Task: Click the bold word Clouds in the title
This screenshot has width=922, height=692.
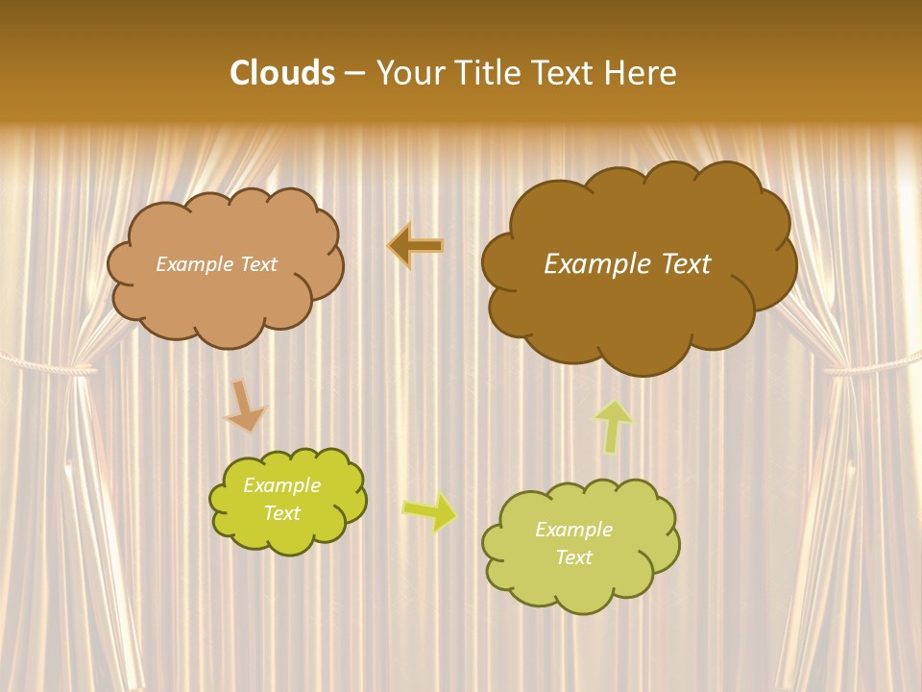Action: (282, 73)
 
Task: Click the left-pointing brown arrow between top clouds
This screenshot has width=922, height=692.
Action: (416, 246)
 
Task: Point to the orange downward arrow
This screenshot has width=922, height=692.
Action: (244, 406)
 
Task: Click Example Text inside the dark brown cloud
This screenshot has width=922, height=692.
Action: (627, 264)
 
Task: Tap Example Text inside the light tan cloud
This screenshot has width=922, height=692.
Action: (216, 264)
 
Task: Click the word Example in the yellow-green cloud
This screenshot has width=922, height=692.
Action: (281, 485)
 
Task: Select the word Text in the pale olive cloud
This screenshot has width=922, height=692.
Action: (573, 557)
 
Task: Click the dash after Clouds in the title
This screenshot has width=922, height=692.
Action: (353, 73)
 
